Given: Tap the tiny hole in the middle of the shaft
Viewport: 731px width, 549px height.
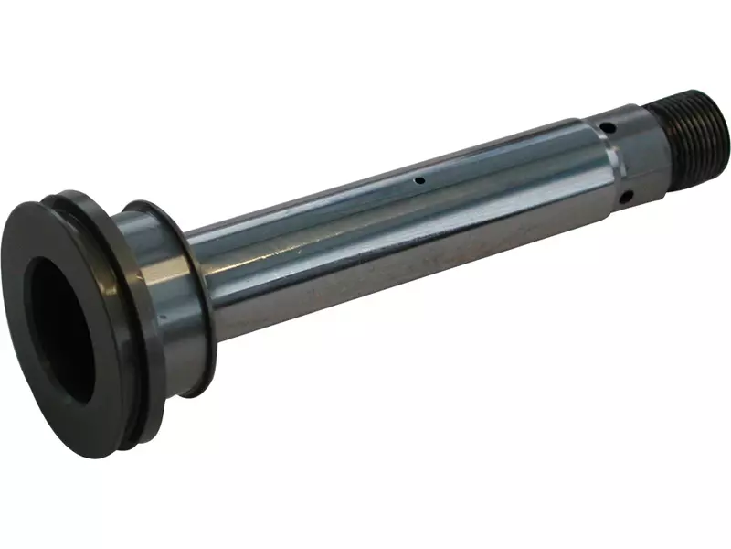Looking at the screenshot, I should [x=418, y=180].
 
